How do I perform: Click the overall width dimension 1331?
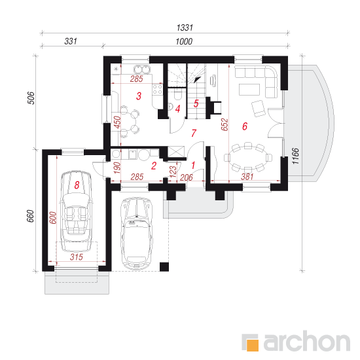tap(185, 27)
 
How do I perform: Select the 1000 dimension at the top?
tap(184, 41)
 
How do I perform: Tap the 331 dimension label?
tap(71, 41)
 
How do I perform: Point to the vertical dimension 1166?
tap(295, 156)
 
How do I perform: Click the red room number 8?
tap(77, 185)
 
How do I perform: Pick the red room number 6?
tap(245, 126)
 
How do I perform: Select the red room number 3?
tap(139, 96)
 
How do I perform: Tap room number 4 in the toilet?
tap(177, 109)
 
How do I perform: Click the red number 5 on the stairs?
tap(196, 103)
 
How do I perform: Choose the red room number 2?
tap(154, 166)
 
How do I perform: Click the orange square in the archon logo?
tap(253, 345)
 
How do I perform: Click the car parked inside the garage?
tap(77, 211)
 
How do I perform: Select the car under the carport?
tap(137, 233)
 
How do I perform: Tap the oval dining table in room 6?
tap(248, 157)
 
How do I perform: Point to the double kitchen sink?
tap(141, 69)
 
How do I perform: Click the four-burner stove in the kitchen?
tap(157, 90)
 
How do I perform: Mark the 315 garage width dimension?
tap(76, 257)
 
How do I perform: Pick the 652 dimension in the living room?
tap(225, 124)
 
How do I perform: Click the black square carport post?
tap(164, 267)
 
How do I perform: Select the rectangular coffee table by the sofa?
tap(249, 89)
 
